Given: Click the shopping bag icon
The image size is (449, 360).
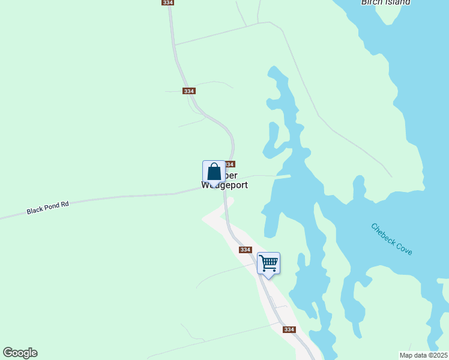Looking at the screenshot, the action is click(x=214, y=172).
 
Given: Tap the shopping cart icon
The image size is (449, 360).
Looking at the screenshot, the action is click(x=268, y=262).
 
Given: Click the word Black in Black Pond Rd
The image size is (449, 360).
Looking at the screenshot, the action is click(x=35, y=210).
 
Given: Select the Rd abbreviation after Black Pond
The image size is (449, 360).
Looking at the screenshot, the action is click(x=65, y=204).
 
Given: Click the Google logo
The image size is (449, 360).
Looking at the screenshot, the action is click(x=20, y=353).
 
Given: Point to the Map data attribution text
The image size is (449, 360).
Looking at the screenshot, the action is click(x=414, y=355).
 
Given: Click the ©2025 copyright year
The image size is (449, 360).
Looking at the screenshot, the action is click(x=436, y=355).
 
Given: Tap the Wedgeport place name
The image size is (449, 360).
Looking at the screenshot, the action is click(x=224, y=185).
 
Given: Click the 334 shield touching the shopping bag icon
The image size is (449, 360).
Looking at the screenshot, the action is click(x=229, y=164).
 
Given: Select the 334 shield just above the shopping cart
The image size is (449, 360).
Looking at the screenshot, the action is click(x=245, y=250).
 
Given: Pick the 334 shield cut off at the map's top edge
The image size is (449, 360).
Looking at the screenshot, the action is click(x=167, y=2).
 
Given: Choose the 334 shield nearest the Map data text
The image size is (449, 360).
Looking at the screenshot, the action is click(x=289, y=329).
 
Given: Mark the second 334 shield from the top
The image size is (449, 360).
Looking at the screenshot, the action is click(x=190, y=91).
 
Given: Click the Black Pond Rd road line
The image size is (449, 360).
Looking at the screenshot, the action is click(x=120, y=198).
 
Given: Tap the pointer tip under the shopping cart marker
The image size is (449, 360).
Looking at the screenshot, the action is click(x=268, y=277).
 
